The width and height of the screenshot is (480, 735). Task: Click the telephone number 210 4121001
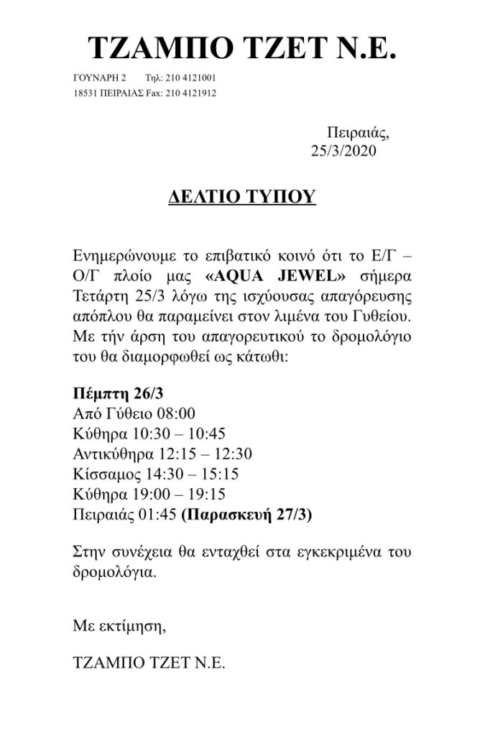point(191,78)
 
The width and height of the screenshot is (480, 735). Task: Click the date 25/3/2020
point(343,150)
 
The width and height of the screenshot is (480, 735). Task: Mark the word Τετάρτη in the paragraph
point(98,297)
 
